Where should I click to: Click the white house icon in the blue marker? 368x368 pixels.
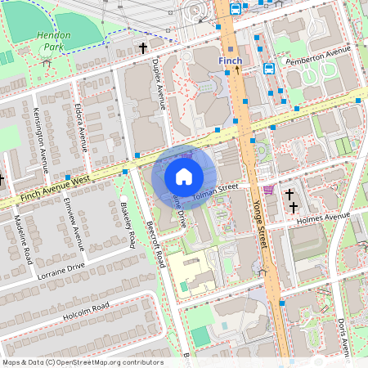184,176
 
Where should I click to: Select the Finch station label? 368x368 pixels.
231,61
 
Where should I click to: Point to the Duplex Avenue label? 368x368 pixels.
160,83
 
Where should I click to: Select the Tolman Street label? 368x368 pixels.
214,192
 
